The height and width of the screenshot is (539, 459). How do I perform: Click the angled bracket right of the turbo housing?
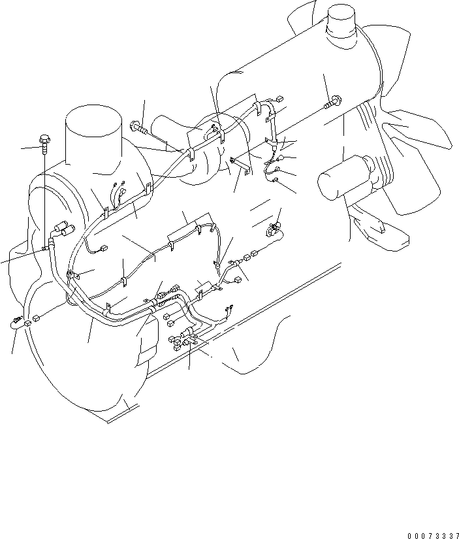(245, 167)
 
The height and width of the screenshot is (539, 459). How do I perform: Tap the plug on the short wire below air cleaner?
(104, 249)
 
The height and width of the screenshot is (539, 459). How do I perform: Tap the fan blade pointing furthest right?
(424, 137)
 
